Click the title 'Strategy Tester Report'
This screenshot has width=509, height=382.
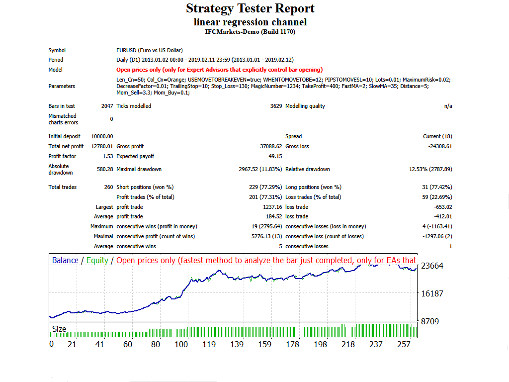(x=250, y=8)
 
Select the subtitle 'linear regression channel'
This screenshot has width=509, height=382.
(x=250, y=22)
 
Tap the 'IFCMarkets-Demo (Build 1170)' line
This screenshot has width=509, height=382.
(x=250, y=32)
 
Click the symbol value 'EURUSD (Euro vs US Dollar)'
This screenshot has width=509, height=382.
(x=149, y=50)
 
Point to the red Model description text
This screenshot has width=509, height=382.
(x=219, y=70)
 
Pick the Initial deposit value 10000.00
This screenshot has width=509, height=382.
(x=102, y=136)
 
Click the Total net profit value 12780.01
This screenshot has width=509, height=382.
(x=102, y=146)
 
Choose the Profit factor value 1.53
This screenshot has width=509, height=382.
(x=107, y=156)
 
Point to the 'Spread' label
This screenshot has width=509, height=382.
(x=293, y=136)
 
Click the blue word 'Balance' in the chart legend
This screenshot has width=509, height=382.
(x=65, y=260)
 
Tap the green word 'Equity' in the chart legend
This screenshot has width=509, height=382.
(x=97, y=260)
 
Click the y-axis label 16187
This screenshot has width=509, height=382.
(x=432, y=293)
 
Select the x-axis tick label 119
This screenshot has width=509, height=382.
(x=209, y=344)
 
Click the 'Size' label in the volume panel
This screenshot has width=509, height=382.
(x=59, y=329)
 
